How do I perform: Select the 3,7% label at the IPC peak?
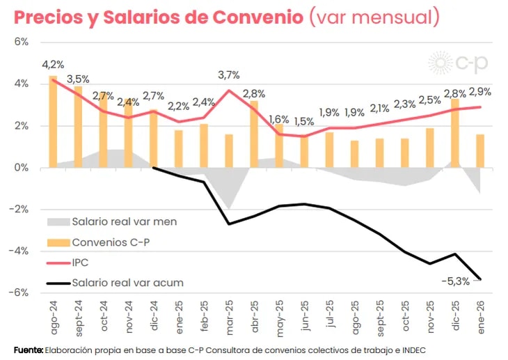click(x=229, y=75)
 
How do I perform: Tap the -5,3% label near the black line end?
click(x=456, y=281)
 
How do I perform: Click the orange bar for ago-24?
click(x=53, y=122)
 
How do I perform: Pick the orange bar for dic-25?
click(x=455, y=133)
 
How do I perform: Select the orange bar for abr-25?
click(x=254, y=134)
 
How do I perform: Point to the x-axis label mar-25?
click(x=229, y=316)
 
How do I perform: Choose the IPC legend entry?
click(x=81, y=262)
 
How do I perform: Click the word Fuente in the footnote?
click(x=29, y=350)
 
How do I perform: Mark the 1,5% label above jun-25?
click(x=303, y=121)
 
